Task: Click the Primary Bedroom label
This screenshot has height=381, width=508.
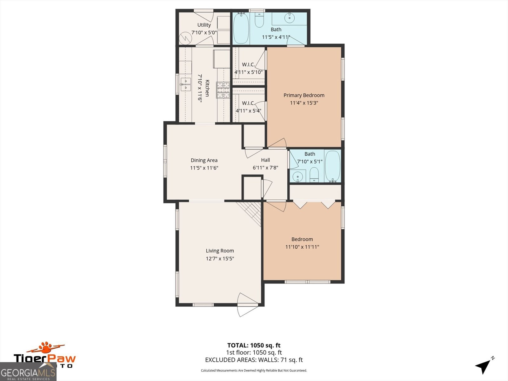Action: pos(304,95)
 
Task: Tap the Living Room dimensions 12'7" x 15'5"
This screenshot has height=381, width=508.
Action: pos(220,258)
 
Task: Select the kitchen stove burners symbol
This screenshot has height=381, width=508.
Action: pos(223,90)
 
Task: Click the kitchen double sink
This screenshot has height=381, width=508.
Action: pos(185,84)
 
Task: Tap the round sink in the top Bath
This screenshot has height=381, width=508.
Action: pos(290,18)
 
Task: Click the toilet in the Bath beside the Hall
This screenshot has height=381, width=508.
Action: pos(314,175)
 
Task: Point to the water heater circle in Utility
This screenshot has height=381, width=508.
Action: pos(186,39)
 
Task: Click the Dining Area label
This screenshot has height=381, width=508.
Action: pos(204,160)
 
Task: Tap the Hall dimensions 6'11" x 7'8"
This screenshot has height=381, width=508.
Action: pos(265,168)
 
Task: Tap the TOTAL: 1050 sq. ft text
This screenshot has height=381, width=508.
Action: pos(254,345)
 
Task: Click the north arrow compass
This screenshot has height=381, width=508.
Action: pos(484,366)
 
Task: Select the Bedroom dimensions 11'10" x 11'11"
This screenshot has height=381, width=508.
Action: pos(302,247)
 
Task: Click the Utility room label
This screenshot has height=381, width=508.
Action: pos(204,25)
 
